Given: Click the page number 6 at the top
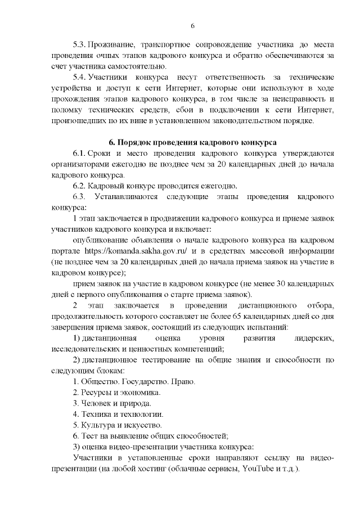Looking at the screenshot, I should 192,26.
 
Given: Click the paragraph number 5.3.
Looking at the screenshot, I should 81,44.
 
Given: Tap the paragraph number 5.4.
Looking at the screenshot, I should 81,76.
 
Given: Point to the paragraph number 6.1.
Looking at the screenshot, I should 81,153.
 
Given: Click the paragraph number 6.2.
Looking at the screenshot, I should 81,186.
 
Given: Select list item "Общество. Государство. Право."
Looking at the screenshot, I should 134,381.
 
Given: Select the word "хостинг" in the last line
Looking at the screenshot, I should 160,469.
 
